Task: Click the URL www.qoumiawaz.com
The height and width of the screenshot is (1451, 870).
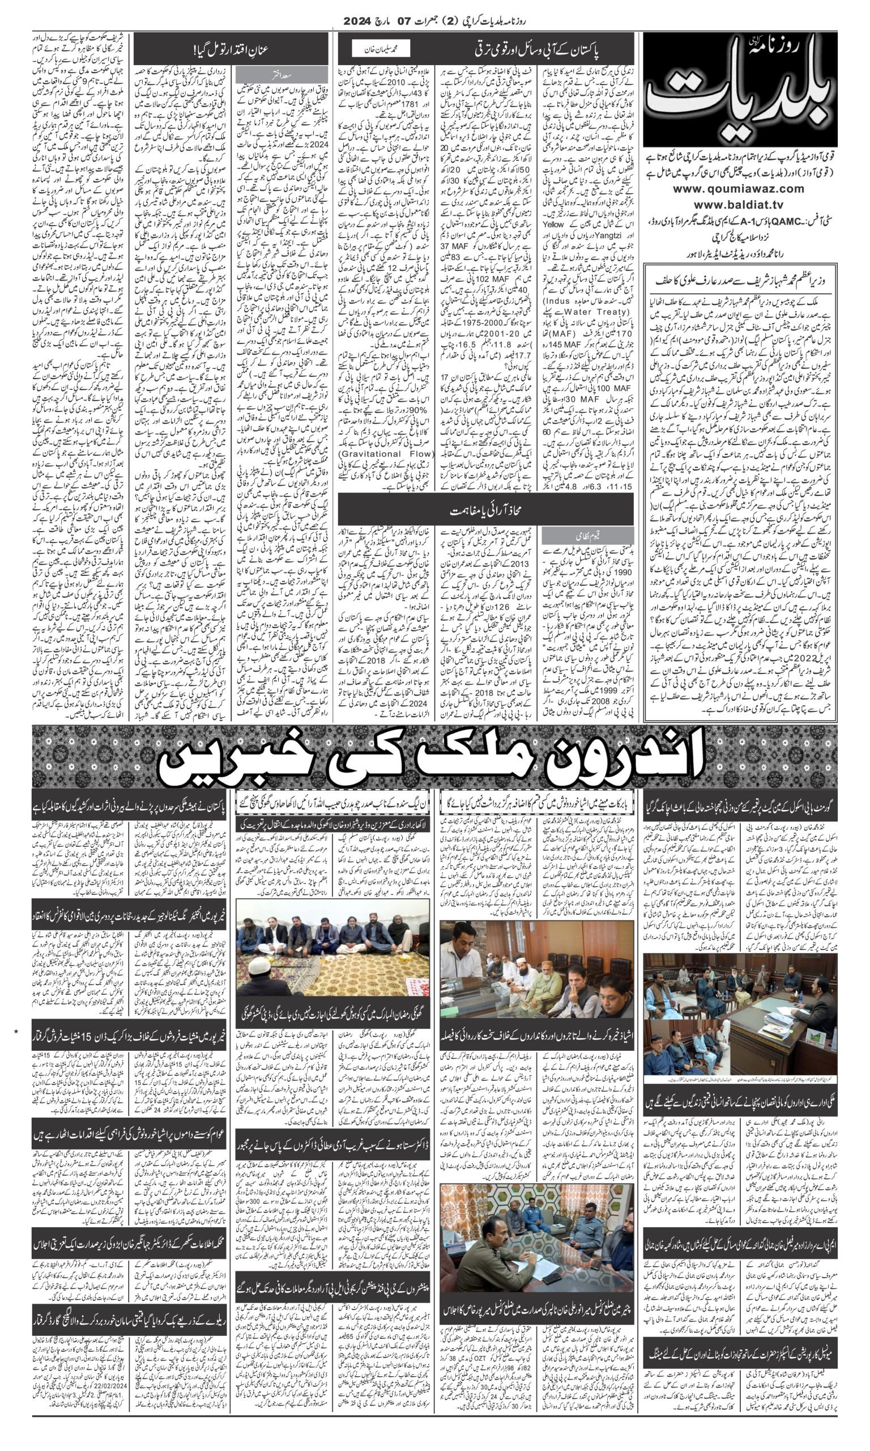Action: click(x=740, y=189)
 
